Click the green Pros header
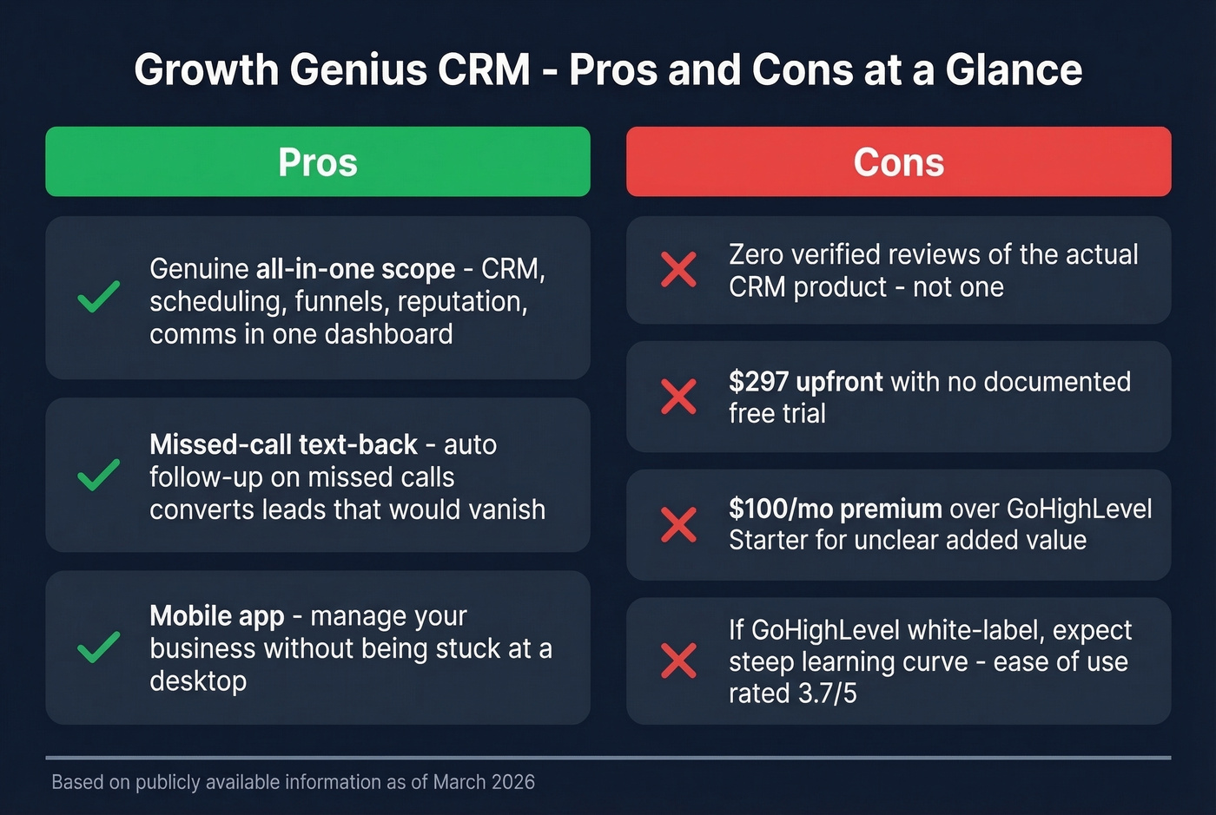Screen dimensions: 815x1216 point(318,162)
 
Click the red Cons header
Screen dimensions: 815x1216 point(898,162)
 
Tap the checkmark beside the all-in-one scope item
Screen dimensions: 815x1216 point(99,297)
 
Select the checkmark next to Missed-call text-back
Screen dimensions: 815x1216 point(99,475)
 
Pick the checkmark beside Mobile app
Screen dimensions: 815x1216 point(99,647)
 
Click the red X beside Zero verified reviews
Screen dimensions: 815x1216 point(678,270)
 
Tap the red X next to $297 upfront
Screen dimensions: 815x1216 point(678,397)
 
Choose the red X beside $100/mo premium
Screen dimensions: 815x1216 point(678,524)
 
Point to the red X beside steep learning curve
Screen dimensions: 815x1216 point(678,661)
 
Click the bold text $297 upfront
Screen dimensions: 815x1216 point(805,381)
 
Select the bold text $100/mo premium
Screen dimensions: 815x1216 point(835,509)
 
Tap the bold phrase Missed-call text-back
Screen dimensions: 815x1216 point(283,444)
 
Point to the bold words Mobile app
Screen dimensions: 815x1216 point(216,616)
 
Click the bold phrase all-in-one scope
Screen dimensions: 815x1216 point(355,269)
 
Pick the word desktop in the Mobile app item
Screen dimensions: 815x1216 point(198,681)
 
